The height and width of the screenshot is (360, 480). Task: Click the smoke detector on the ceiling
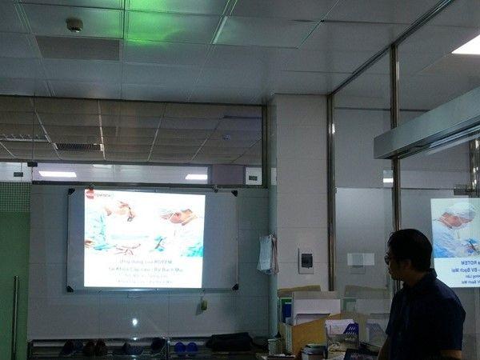point(74,25)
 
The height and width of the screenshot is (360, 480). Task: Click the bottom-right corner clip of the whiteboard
point(235,286)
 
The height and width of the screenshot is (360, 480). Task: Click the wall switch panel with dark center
point(306,260)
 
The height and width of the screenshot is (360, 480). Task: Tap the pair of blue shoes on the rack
point(186,346)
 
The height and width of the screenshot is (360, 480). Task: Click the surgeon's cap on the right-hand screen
point(461,212)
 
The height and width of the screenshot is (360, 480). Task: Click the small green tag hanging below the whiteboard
point(204,304)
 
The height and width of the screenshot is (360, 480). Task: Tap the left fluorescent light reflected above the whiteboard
point(58,174)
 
